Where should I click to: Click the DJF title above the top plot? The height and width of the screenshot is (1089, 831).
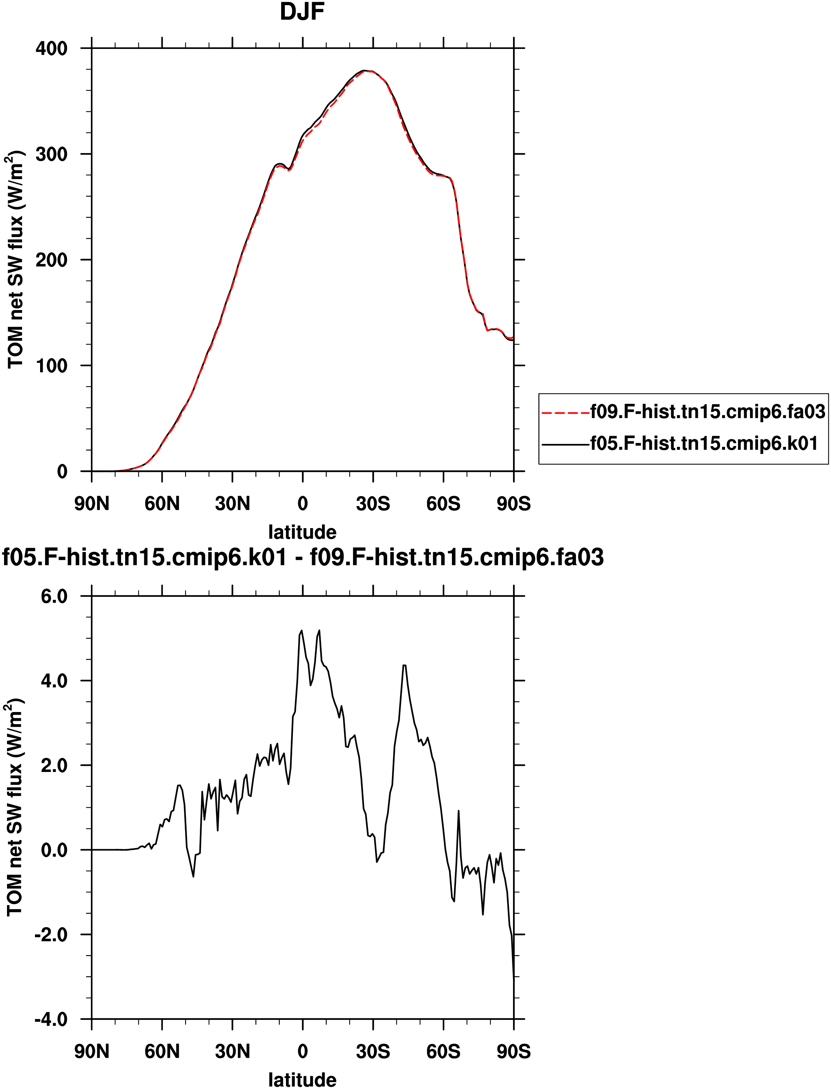(x=302, y=12)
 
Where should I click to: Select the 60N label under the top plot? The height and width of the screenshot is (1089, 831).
(x=162, y=504)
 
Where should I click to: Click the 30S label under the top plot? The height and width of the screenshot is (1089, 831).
(x=373, y=504)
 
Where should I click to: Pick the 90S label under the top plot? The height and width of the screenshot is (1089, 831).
(x=514, y=504)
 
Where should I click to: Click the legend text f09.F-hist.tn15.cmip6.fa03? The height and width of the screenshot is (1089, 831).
(x=708, y=411)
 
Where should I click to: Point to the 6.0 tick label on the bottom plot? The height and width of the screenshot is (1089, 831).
(x=54, y=596)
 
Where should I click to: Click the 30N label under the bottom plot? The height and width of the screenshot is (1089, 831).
(x=233, y=1051)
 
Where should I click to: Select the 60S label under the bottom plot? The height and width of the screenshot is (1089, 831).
(x=443, y=1051)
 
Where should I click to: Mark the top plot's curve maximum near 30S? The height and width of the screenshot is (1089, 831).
(x=365, y=71)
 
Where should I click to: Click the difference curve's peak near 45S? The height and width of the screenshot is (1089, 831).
(x=404, y=665)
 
